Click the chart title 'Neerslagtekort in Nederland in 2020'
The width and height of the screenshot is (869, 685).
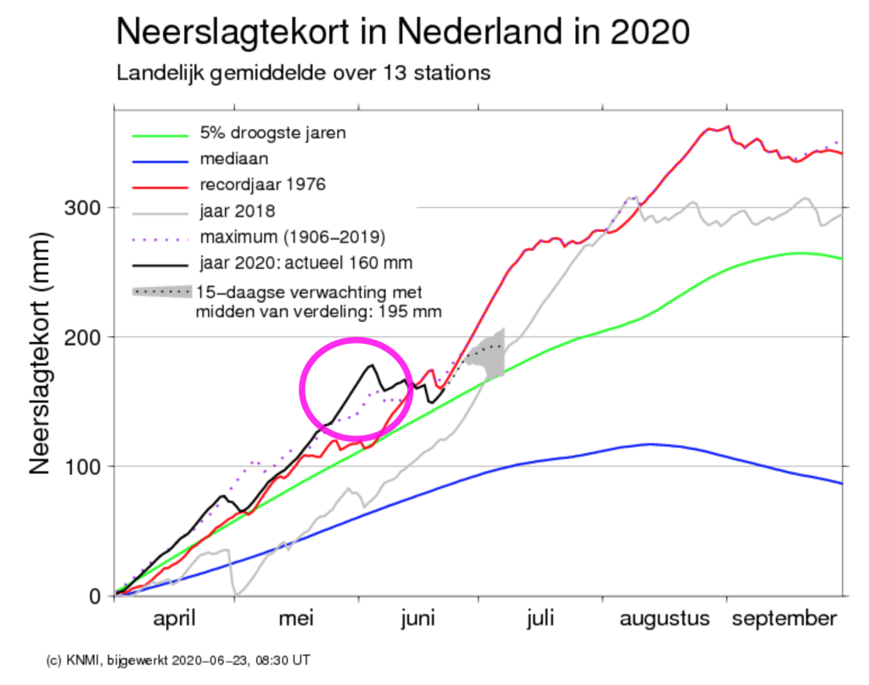click(x=403, y=32)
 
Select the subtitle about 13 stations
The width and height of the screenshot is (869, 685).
click(x=303, y=73)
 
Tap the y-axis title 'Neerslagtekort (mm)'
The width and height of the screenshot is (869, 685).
click(x=40, y=353)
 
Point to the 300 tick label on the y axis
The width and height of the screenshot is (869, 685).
click(x=83, y=208)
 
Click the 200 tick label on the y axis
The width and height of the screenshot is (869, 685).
click(x=83, y=337)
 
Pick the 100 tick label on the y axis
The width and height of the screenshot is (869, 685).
click(x=83, y=466)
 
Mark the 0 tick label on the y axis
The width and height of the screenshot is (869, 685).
click(x=95, y=596)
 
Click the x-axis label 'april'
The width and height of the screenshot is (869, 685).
click(x=174, y=619)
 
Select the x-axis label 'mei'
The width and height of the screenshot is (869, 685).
click(x=296, y=618)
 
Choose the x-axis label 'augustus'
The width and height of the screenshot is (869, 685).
click(x=664, y=619)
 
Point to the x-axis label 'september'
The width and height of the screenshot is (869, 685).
click(x=784, y=619)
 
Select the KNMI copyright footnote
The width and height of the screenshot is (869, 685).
click(x=178, y=660)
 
